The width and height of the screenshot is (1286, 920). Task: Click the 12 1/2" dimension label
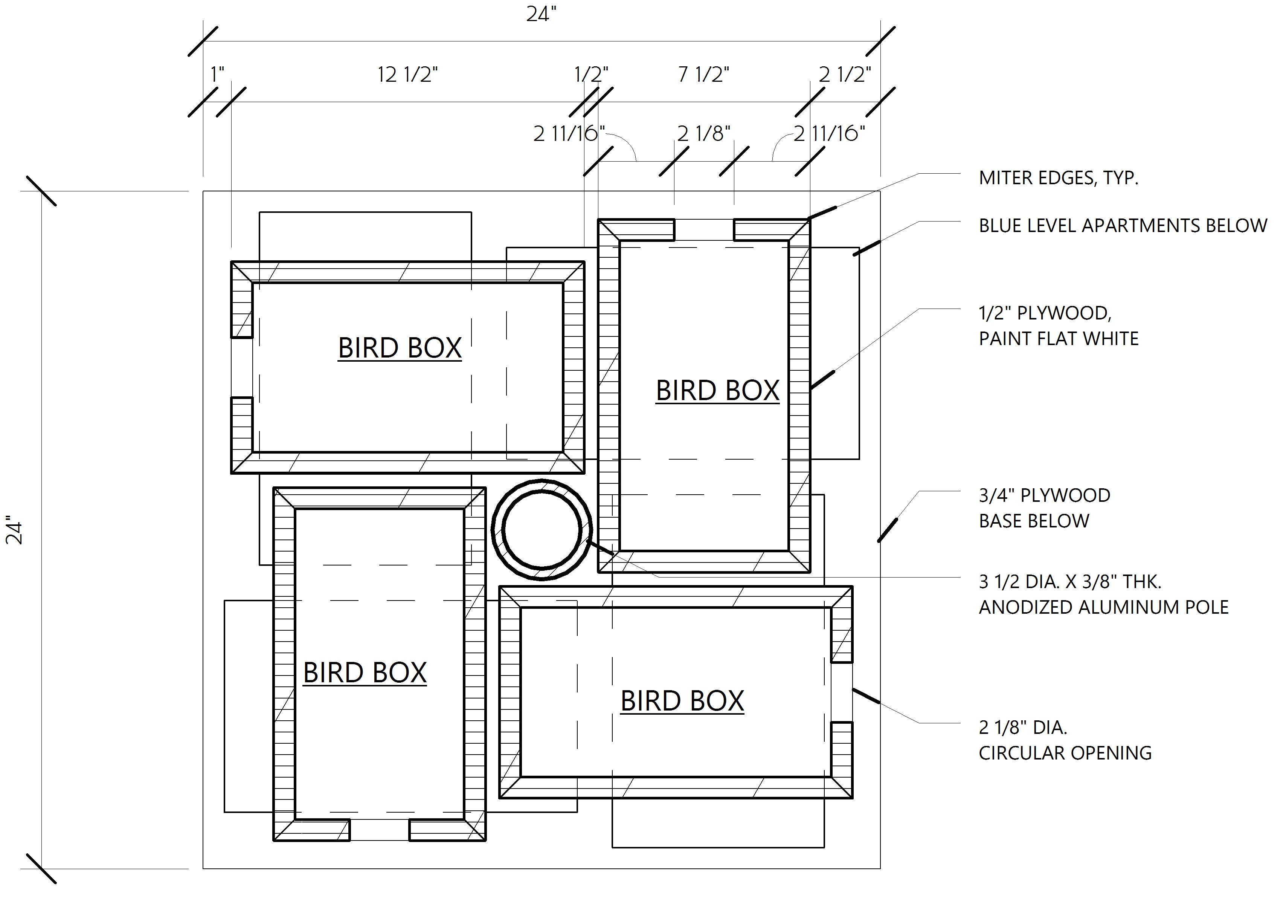click(408, 75)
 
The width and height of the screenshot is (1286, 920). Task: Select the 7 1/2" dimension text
click(703, 75)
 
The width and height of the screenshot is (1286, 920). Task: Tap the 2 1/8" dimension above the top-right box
click(703, 134)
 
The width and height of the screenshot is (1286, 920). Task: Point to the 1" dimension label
click(217, 75)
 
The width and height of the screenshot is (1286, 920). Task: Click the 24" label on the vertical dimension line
click(15, 530)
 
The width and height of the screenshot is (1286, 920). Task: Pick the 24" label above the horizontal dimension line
click(542, 15)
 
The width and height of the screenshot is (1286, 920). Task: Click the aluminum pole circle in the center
click(542, 530)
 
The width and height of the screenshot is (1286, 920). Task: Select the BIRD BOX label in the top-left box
click(400, 348)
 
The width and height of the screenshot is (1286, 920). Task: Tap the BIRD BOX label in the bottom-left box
click(365, 672)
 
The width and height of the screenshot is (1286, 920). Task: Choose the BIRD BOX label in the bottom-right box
click(682, 701)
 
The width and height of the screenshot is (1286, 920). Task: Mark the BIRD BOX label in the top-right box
click(717, 390)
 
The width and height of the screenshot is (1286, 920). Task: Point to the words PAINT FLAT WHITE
click(1058, 339)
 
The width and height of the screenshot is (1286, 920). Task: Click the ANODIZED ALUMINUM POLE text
click(1103, 607)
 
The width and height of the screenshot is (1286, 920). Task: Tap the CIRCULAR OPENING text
click(1065, 753)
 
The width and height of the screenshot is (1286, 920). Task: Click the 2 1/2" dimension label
click(844, 75)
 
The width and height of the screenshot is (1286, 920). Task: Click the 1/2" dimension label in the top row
click(590, 75)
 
